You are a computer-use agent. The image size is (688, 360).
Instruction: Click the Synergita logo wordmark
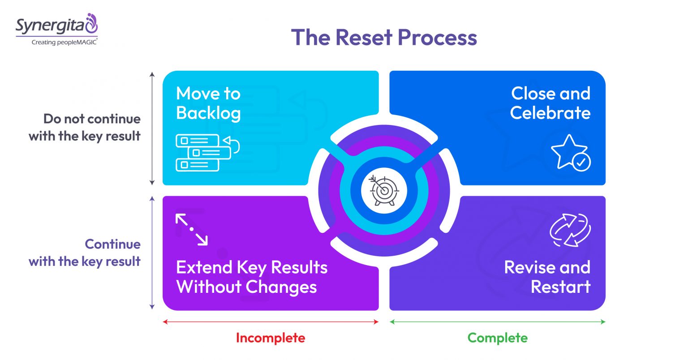click(50, 26)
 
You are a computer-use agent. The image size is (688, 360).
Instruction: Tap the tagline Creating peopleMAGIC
click(64, 42)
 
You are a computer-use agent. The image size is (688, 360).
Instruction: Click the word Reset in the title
click(364, 38)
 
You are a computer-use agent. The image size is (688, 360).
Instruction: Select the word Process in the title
click(437, 38)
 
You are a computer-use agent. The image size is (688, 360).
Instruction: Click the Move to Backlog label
click(208, 103)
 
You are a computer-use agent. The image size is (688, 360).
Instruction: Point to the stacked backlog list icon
click(208, 153)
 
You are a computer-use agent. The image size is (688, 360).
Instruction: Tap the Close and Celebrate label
click(550, 103)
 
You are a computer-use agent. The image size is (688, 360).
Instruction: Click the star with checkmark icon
click(570, 153)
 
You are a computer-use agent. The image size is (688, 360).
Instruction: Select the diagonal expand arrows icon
click(192, 229)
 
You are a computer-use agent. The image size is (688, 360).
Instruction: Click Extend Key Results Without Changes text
click(252, 277)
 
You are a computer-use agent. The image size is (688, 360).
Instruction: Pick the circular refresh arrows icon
click(570, 230)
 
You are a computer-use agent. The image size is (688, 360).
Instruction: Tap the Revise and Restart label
click(547, 277)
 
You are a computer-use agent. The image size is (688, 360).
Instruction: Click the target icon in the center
click(384, 190)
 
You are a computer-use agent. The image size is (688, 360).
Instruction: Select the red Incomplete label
click(271, 338)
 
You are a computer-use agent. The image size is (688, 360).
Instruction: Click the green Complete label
click(498, 338)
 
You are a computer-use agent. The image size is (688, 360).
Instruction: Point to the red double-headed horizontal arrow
click(271, 322)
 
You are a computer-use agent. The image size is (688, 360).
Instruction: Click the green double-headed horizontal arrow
click(498, 322)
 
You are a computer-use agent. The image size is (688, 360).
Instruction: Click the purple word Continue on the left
click(113, 244)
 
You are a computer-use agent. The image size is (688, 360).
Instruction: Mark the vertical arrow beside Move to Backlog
click(152, 129)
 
